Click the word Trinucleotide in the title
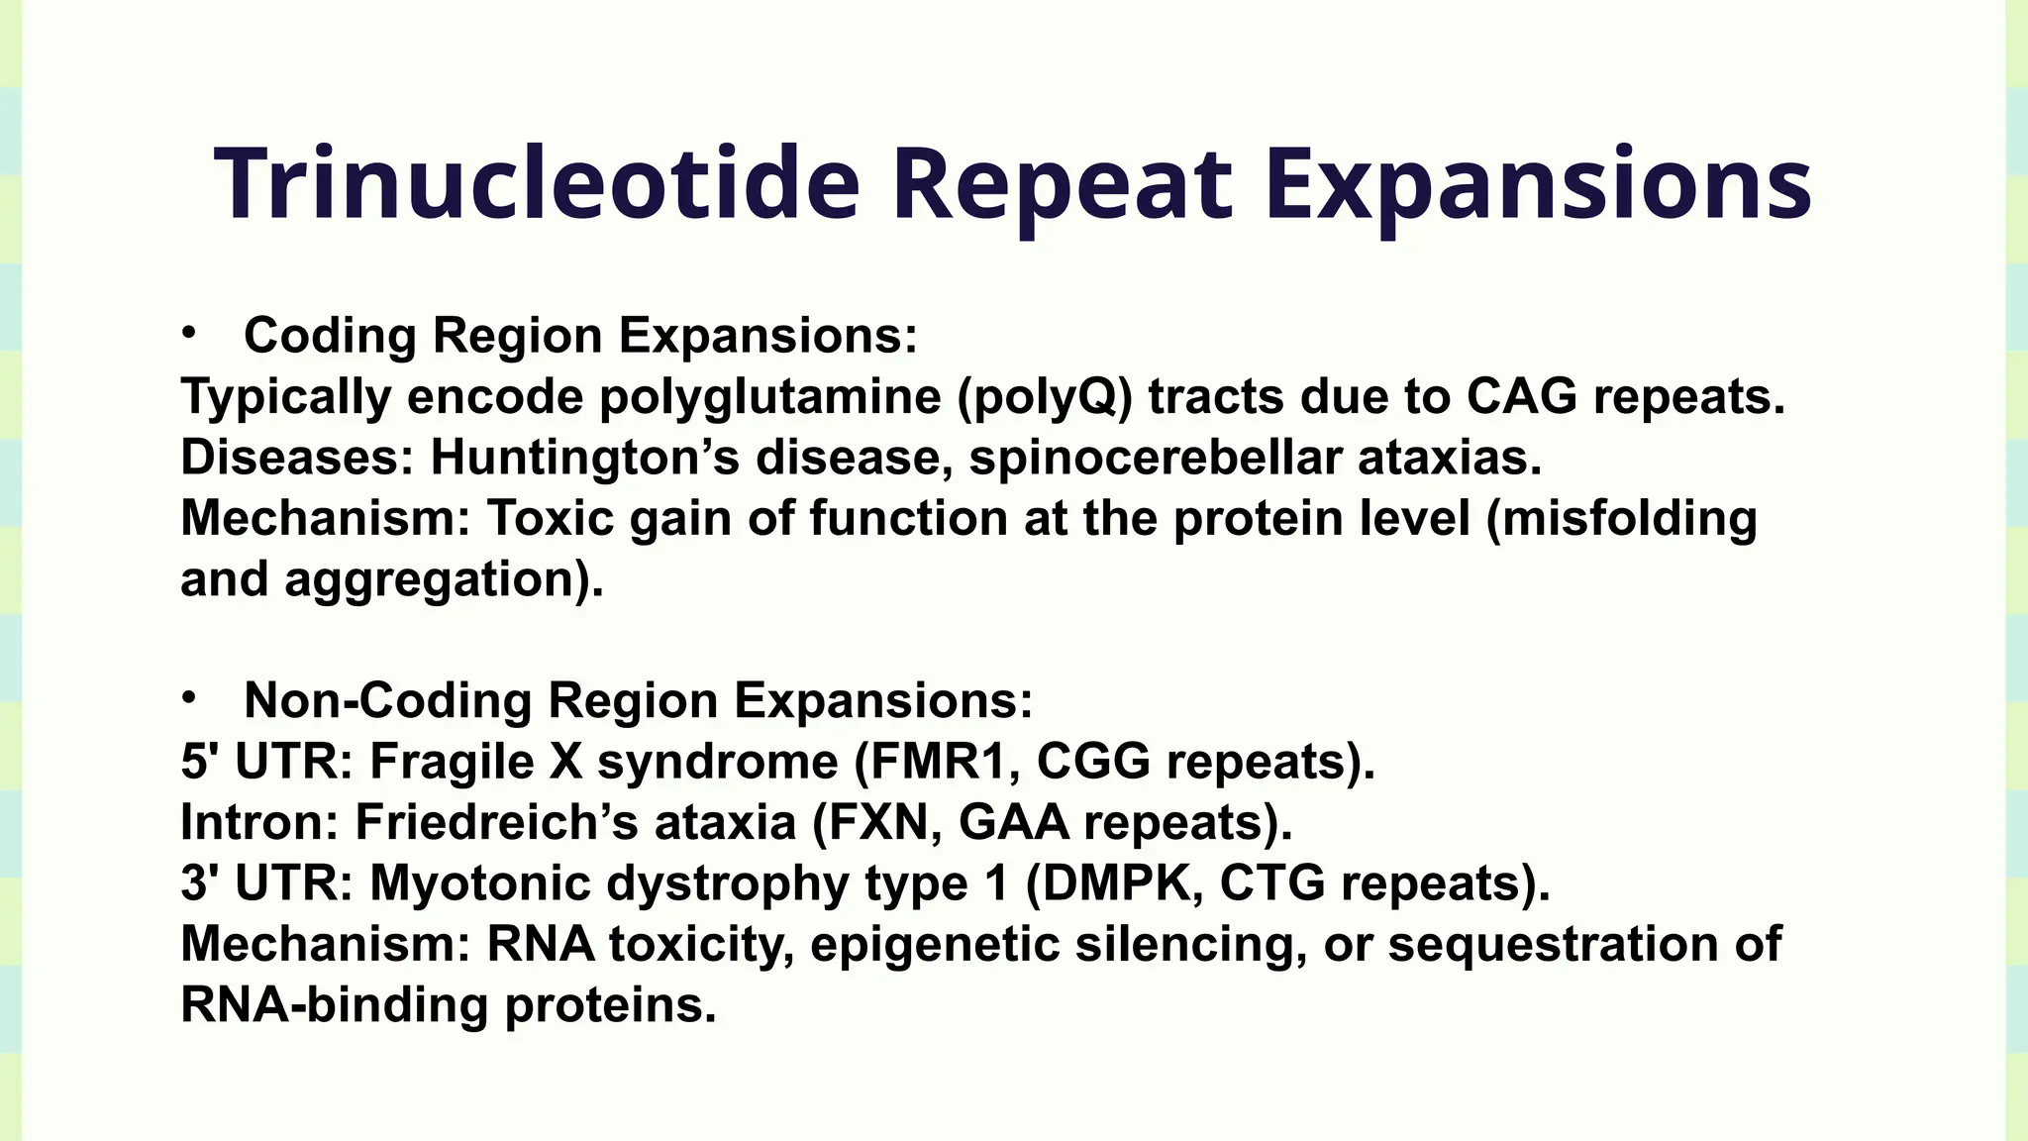[536, 184]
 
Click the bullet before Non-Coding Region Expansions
[189, 697]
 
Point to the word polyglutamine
[769, 396]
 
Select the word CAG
[1521, 396]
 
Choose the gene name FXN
[883, 822]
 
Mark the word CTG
[1271, 883]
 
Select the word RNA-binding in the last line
[335, 1005]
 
